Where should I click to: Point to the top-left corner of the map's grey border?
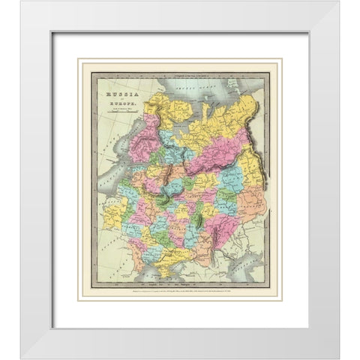pos(92,72)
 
